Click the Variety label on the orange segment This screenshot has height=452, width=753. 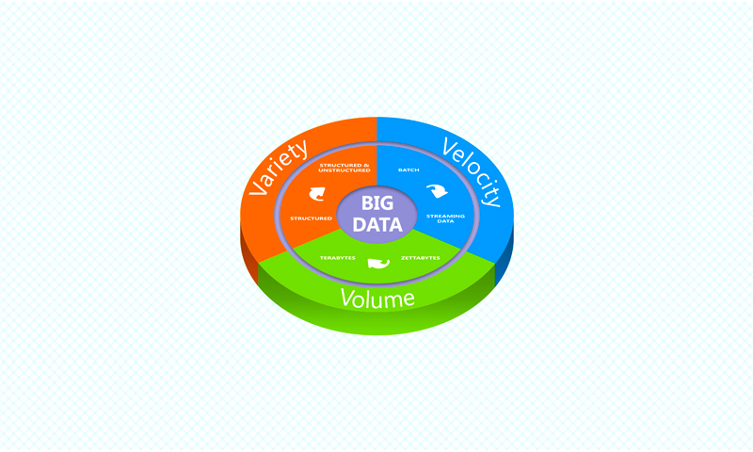tap(278, 168)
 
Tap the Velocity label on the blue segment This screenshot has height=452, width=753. tap(472, 172)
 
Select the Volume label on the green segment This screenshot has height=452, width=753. tap(377, 299)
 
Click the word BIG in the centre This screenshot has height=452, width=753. tap(377, 202)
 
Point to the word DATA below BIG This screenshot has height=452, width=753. tap(377, 224)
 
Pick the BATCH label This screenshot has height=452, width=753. tap(409, 170)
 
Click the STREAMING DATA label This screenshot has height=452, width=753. tap(445, 218)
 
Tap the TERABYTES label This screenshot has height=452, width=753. tap(338, 258)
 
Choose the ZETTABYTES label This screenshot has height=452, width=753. tap(420, 258)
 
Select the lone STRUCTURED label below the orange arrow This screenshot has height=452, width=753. tap(311, 218)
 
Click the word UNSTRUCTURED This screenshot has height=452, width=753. tap(344, 170)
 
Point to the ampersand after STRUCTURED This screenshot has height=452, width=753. tap(366, 165)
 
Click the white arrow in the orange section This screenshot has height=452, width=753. tap(317, 194)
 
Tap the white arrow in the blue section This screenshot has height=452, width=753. tap(437, 191)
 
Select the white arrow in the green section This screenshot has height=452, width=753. tap(378, 264)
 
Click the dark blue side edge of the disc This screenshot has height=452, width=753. tap(505, 254)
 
